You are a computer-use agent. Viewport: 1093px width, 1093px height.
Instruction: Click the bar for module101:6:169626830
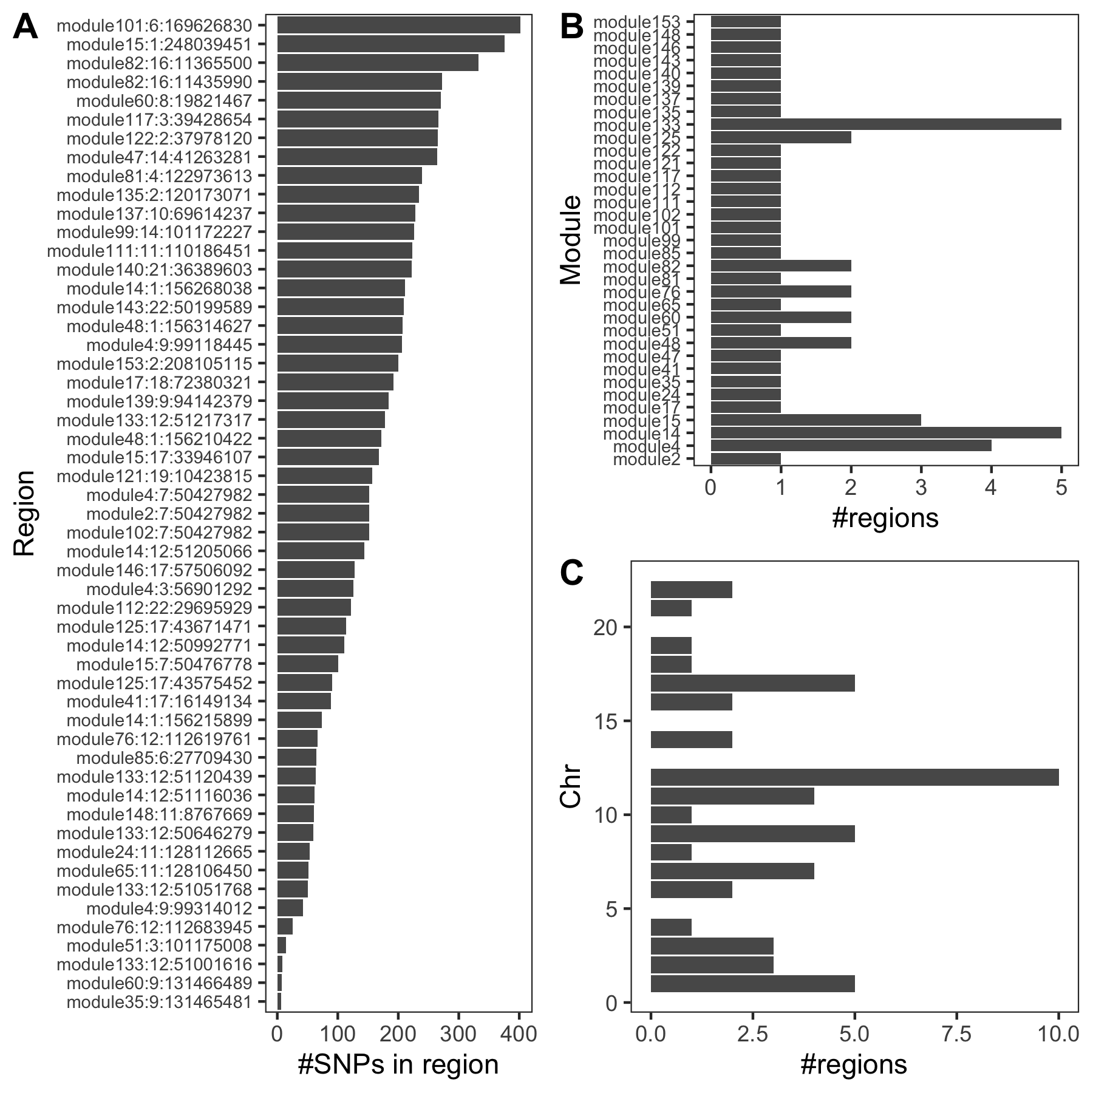[x=398, y=26]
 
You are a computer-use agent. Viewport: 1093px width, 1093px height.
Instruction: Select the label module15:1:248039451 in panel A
[x=158, y=44]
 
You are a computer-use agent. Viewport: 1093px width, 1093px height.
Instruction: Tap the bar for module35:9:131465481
[x=279, y=1001]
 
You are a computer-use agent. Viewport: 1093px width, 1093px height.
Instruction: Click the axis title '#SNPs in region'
[x=398, y=1064]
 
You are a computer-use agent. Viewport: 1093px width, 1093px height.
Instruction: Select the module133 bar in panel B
[x=885, y=124]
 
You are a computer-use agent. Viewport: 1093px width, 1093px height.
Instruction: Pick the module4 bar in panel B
[x=850, y=446]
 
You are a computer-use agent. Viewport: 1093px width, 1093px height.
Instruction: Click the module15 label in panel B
[x=641, y=420]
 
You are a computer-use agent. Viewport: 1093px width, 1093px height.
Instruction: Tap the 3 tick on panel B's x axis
[x=921, y=488]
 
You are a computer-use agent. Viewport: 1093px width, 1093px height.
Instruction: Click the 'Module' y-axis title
[x=571, y=240]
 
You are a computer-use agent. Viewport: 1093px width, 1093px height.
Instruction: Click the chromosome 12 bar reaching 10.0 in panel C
[x=854, y=777]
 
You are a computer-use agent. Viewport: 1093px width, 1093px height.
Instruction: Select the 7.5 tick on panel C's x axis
[x=956, y=1033]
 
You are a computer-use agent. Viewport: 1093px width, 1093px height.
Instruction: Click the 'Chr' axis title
[x=571, y=788]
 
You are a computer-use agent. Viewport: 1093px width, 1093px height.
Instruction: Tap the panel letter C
[x=571, y=573]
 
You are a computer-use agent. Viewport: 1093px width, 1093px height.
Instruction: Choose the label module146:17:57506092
[x=154, y=570]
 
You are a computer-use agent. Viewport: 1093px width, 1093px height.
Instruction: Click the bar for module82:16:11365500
[x=378, y=63]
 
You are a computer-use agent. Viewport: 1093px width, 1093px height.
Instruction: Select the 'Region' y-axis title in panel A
[x=24, y=513]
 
